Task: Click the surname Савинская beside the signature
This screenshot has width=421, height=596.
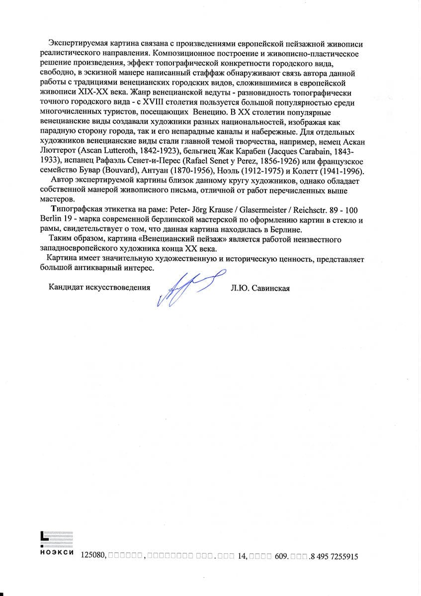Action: (273, 288)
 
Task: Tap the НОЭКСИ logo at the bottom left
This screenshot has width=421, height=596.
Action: (56, 543)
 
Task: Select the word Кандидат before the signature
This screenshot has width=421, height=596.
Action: (65, 288)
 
